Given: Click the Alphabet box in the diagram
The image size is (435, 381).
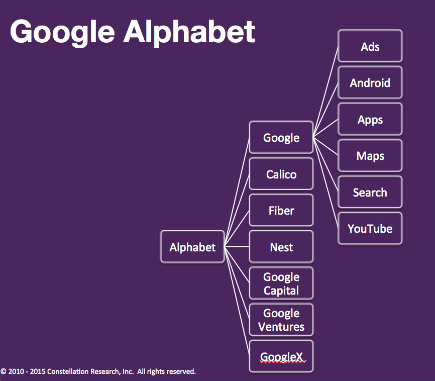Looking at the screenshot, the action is click(x=192, y=247).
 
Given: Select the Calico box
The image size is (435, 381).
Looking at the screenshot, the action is click(x=281, y=174).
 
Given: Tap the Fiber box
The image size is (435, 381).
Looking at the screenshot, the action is click(x=281, y=210).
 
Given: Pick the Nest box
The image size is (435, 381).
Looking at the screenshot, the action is click(x=281, y=247).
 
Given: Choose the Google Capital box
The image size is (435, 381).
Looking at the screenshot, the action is click(x=281, y=283).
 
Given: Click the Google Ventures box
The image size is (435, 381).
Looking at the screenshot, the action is click(x=281, y=320).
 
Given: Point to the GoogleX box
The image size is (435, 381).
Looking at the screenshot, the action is click(x=281, y=356).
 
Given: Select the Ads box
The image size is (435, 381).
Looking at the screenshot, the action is click(x=370, y=46).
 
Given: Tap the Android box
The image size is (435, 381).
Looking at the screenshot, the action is click(x=370, y=82).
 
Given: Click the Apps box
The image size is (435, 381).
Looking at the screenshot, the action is click(x=370, y=119).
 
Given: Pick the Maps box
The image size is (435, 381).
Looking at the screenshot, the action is click(x=370, y=155).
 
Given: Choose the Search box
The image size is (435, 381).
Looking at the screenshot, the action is click(x=370, y=192).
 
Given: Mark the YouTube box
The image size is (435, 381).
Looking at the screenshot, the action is click(x=370, y=229).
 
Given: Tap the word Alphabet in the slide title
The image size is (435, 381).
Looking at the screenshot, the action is click(x=189, y=32).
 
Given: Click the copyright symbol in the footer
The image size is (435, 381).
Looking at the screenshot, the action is click(x=4, y=371).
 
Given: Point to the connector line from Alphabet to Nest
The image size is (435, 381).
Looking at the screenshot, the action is click(x=237, y=247).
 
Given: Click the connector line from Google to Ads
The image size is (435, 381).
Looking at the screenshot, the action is click(x=325, y=91).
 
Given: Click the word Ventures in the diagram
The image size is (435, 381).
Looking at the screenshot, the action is click(x=281, y=327).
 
